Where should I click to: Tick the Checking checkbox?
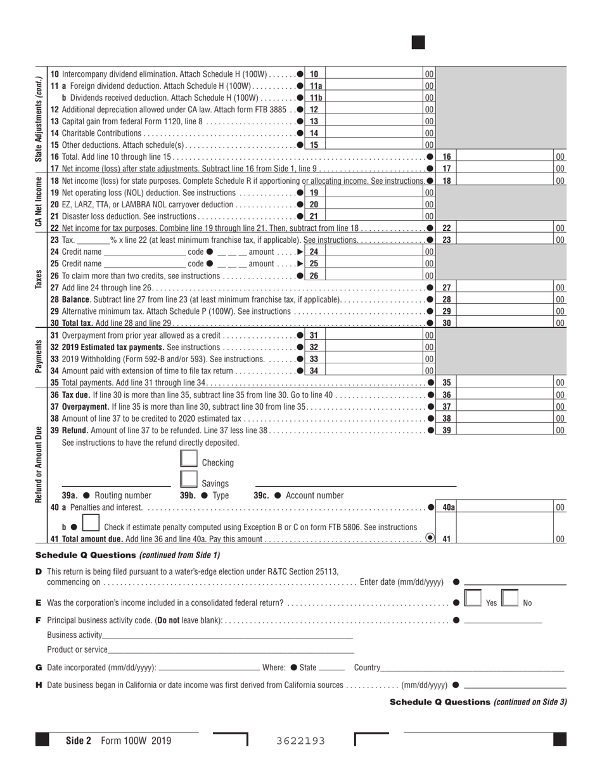(189, 459)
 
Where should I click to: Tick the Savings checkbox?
(189, 480)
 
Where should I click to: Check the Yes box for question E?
(473, 599)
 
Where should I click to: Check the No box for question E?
(510, 599)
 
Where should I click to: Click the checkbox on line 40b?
(91, 524)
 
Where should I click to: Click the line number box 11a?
(315, 86)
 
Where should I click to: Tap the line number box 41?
(447, 538)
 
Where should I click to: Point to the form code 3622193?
(301, 741)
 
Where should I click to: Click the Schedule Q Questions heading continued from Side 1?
(128, 555)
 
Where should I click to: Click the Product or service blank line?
(231, 649)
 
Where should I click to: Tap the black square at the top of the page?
(418, 42)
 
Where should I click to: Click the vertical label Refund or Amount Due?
(39, 464)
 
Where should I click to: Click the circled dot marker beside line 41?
(430, 538)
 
